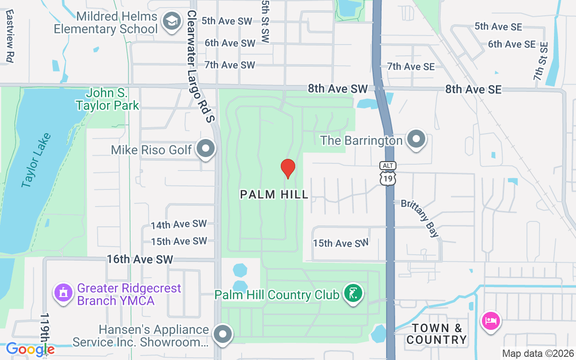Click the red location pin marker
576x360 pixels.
tap(288, 168)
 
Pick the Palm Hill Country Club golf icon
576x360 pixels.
tap(353, 294)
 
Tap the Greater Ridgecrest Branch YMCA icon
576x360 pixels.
tap(63, 293)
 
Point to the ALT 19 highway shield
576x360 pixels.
tap(387, 174)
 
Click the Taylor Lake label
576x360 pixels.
tap(36, 160)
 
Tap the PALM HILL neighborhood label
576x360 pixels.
tap(274, 194)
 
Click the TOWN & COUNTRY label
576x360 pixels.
tap(436, 334)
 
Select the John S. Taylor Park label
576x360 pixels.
tap(108, 100)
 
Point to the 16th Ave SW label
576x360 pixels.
tap(140, 260)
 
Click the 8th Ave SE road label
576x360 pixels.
tap(473, 90)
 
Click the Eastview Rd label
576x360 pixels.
tap(9, 36)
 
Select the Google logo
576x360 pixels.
tap(30, 349)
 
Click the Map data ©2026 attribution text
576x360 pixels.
tap(538, 354)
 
